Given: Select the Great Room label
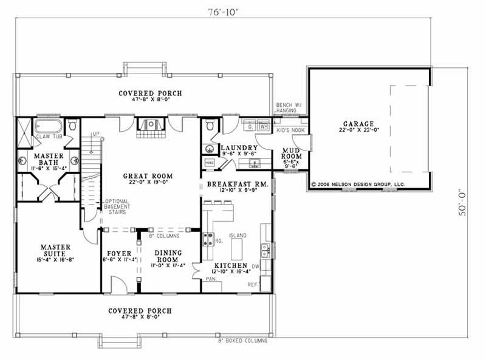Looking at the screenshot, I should point(148,176).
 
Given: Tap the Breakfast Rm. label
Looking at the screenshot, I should point(233,183).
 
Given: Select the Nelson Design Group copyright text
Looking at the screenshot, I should point(358,183).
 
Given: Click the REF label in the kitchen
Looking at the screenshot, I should point(252,284).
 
